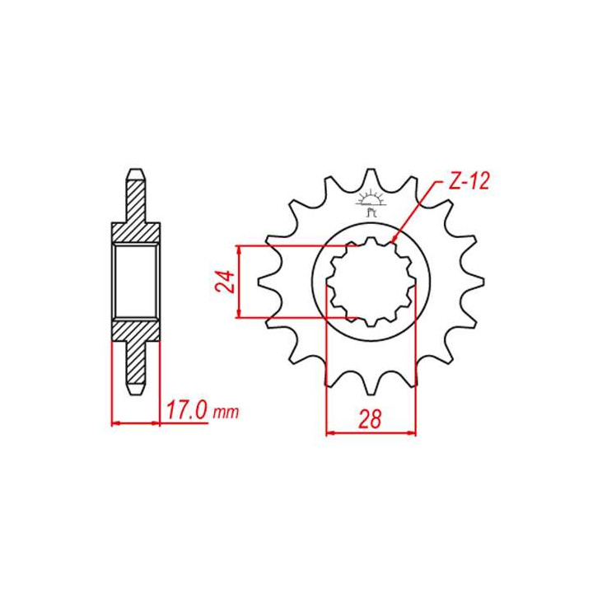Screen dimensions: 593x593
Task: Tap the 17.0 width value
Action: coord(185,411)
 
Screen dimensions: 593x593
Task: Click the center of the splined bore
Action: coord(371,280)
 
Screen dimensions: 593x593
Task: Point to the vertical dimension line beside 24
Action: coord(239,280)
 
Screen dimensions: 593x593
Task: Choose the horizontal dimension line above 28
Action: coord(371,431)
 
